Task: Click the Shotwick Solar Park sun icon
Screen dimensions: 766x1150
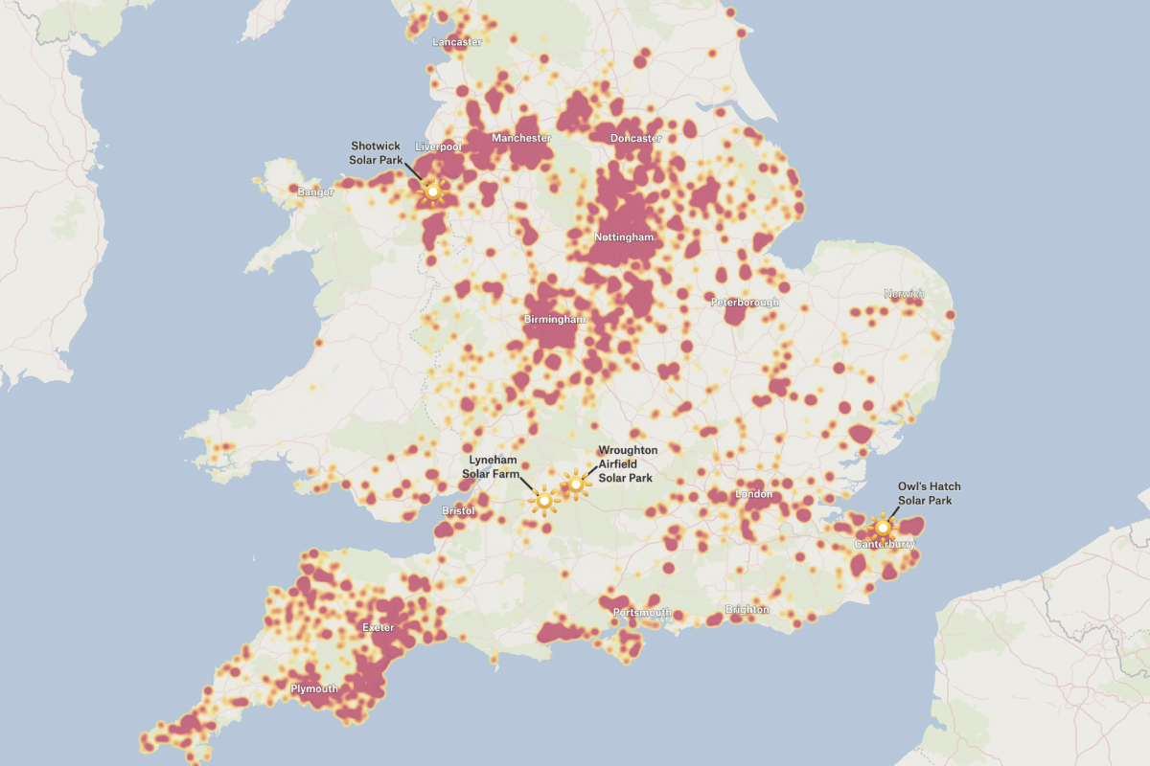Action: tap(433, 192)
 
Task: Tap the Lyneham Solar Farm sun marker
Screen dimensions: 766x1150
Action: tap(544, 501)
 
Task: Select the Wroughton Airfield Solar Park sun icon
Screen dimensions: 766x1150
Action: tap(575, 485)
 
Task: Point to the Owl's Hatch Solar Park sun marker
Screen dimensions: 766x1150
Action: tap(883, 528)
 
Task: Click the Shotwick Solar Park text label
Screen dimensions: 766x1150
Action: tap(376, 152)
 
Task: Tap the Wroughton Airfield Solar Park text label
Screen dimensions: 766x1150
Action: tap(627, 463)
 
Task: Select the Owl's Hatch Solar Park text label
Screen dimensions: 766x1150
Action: tap(929, 494)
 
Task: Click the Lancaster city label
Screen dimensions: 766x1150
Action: tap(457, 42)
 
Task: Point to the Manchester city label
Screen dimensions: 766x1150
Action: tap(521, 138)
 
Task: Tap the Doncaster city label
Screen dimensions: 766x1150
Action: tap(636, 138)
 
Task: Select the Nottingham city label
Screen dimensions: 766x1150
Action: tap(624, 237)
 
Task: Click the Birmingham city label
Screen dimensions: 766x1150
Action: tap(555, 319)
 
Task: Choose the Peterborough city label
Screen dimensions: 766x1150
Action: tap(745, 303)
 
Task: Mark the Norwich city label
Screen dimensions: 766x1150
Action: tap(905, 294)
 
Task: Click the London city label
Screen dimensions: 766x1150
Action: tap(753, 494)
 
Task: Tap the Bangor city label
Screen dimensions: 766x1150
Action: tap(315, 192)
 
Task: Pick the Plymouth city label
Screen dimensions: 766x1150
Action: tap(314, 688)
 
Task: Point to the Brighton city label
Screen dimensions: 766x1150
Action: tap(747, 609)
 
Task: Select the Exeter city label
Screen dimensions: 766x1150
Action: tap(378, 627)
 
